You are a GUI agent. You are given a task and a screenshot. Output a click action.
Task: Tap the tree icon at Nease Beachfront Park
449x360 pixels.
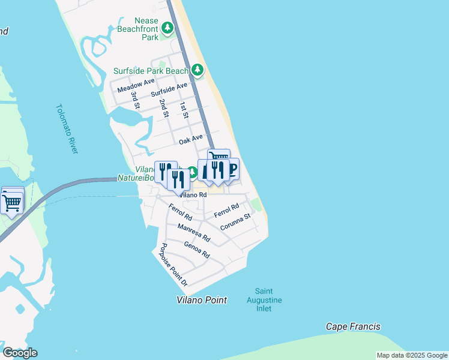(x=167, y=28)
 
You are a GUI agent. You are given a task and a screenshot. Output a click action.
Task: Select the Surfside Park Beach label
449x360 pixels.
(x=151, y=71)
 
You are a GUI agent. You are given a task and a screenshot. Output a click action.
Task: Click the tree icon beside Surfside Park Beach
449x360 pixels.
(x=197, y=71)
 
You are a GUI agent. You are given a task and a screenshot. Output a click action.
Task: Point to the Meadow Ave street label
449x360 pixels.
(x=136, y=85)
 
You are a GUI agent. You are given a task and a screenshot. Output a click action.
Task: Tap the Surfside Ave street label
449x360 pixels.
(x=169, y=91)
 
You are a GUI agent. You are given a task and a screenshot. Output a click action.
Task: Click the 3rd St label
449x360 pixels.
(x=136, y=100)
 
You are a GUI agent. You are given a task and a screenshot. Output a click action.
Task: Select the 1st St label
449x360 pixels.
(x=184, y=110)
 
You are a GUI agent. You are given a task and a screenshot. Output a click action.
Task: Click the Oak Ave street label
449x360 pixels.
(x=191, y=141)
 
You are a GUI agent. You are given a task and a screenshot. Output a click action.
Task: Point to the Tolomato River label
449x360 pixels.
(x=67, y=128)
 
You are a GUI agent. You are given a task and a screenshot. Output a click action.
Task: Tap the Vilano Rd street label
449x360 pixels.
(x=193, y=195)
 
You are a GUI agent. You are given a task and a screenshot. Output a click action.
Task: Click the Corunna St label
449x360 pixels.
(x=235, y=221)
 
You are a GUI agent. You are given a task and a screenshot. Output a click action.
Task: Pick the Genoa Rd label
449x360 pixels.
(x=197, y=250)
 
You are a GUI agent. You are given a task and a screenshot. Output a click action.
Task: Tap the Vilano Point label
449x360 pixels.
(x=202, y=300)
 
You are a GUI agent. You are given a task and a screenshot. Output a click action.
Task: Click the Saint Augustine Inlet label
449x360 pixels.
(x=264, y=300)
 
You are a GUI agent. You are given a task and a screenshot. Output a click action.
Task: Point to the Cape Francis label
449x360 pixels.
(x=353, y=327)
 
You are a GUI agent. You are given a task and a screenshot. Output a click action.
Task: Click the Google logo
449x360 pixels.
(x=20, y=353)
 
